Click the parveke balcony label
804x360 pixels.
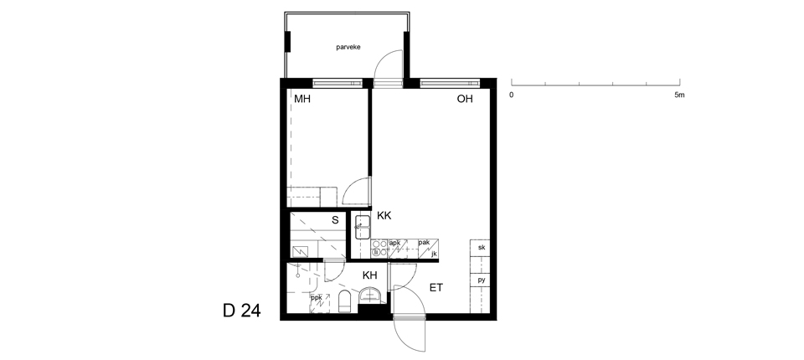[348, 47]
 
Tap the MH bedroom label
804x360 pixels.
[302, 99]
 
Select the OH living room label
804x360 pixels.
[465, 99]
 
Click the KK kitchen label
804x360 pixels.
[384, 216]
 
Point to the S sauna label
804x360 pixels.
[335, 220]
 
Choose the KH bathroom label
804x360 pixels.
[369, 275]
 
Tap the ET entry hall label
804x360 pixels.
[435, 288]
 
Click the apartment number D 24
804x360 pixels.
[241, 311]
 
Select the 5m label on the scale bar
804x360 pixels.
[679, 95]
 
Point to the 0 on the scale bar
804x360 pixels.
[511, 95]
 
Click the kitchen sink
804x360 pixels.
[363, 227]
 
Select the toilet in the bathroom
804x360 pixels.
[344, 301]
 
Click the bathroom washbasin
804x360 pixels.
[370, 296]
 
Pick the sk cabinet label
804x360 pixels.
[482, 248]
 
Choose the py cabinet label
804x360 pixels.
[482, 280]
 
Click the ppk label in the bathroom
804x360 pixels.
[317, 297]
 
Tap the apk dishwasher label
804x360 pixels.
[394, 243]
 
